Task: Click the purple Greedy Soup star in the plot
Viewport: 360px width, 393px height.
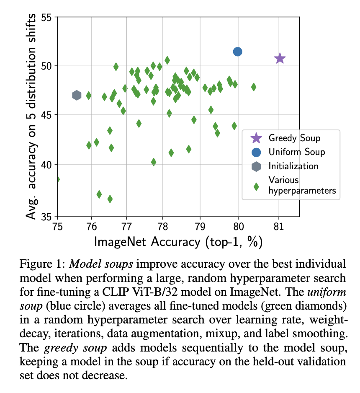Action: point(280,59)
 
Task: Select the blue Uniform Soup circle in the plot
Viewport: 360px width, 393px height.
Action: point(237,52)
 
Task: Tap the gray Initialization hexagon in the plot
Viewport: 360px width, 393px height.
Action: point(77,96)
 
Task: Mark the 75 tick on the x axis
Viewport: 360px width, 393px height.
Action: point(58,227)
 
